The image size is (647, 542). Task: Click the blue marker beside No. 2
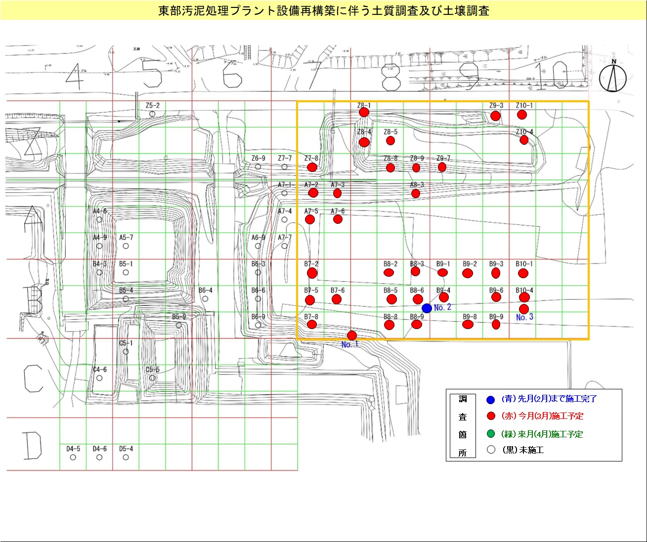pyautogui.click(x=427, y=308)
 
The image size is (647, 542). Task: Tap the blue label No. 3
pyautogui.click(x=524, y=317)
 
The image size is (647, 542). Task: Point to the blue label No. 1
pyautogui.click(x=349, y=344)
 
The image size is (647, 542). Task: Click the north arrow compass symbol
pyautogui.click(x=613, y=77)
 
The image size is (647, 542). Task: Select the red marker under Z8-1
pyautogui.click(x=364, y=113)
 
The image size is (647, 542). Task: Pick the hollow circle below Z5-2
pyautogui.click(x=152, y=114)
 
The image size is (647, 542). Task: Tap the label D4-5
pyautogui.click(x=73, y=449)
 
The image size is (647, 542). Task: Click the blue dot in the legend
pyautogui.click(x=490, y=400)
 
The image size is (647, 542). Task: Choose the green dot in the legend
pyautogui.click(x=490, y=434)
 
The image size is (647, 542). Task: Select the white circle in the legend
pyautogui.click(x=490, y=450)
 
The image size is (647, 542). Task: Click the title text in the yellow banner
pyautogui.click(x=323, y=10)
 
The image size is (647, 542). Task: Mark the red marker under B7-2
pyautogui.click(x=312, y=273)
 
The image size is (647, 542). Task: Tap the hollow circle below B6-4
pyautogui.click(x=205, y=299)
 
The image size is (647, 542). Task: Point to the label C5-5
pyautogui.click(x=152, y=370)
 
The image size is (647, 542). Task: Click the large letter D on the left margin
pyautogui.click(x=33, y=445)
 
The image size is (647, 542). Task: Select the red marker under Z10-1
pyautogui.click(x=522, y=115)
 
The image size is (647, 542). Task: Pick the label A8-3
pyautogui.click(x=417, y=185)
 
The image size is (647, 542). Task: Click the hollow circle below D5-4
pyautogui.click(x=126, y=458)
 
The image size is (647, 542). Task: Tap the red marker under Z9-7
pyautogui.click(x=442, y=167)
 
